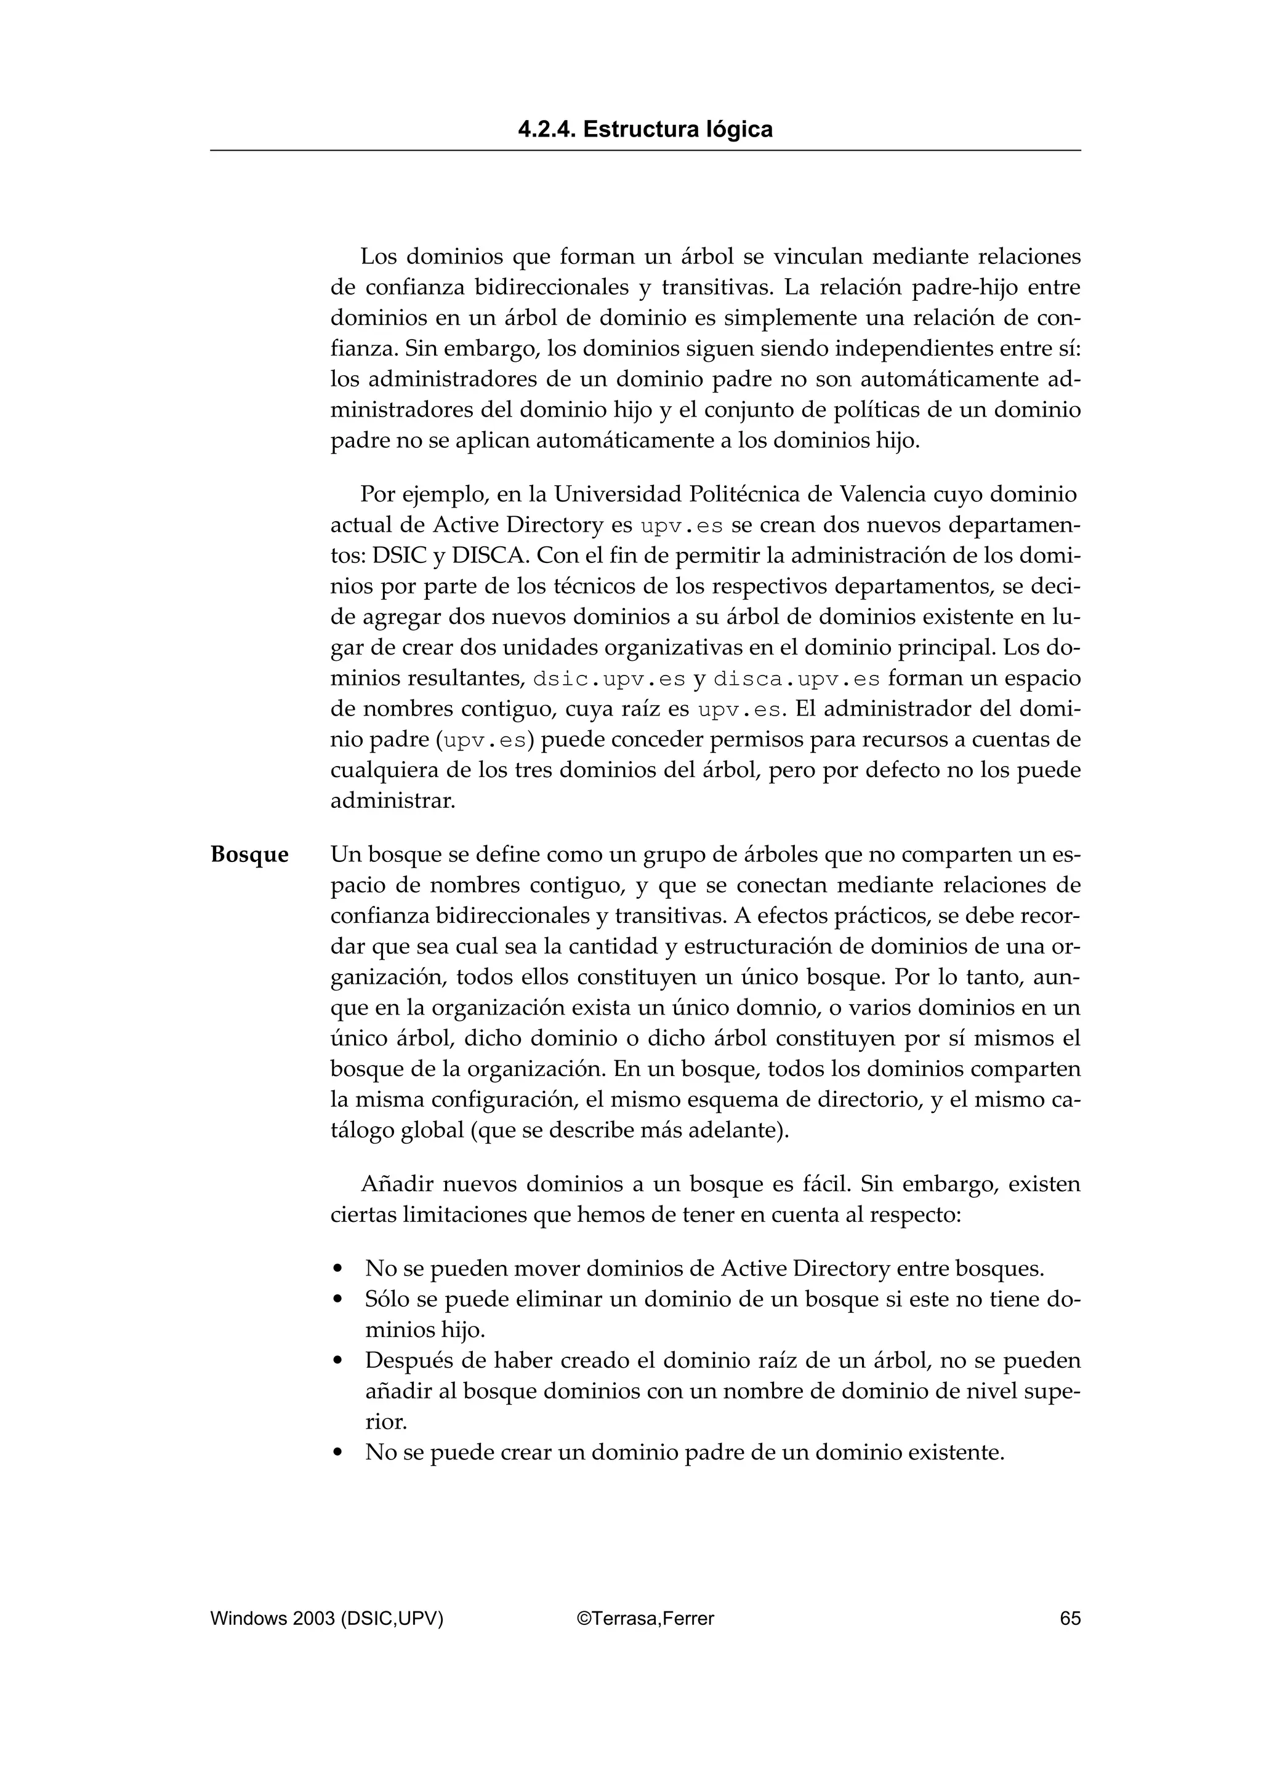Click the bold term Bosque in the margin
(x=249, y=855)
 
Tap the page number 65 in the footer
(x=1070, y=1618)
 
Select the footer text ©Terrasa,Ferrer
(x=646, y=1618)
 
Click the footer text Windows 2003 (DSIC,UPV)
(x=327, y=1618)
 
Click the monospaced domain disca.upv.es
(x=796, y=679)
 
